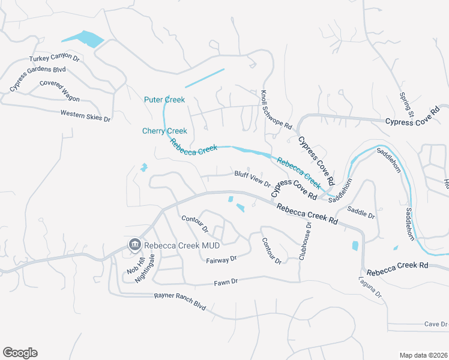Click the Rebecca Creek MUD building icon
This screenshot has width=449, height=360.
(x=134, y=245)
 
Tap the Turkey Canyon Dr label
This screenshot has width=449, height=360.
(x=55, y=58)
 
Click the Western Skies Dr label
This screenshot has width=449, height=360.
(x=86, y=115)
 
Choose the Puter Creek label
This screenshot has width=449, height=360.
(x=164, y=100)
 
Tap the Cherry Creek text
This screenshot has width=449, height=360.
(x=164, y=131)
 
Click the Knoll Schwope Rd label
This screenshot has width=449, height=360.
(x=276, y=110)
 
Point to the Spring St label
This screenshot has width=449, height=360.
(x=408, y=105)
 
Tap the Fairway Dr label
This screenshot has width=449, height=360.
(x=221, y=259)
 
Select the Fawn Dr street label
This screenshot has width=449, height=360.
(x=226, y=281)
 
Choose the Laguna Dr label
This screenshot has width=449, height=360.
(x=370, y=286)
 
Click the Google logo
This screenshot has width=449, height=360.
(x=20, y=353)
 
